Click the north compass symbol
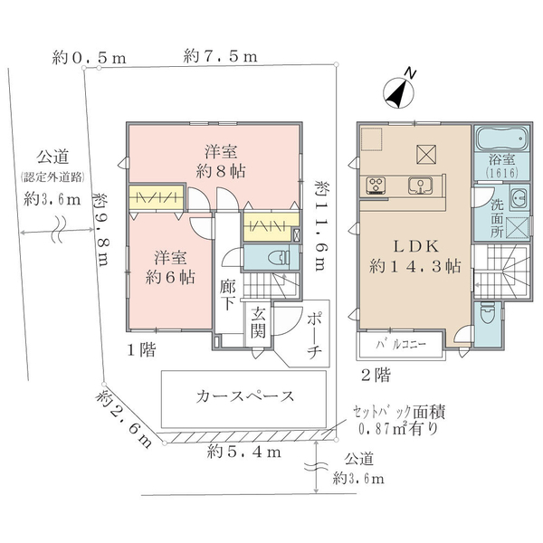pyautogui.click(x=399, y=91)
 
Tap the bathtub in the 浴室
pyautogui.click(x=502, y=138)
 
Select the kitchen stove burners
pyautogui.click(x=376, y=185)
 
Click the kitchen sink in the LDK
pyautogui.click(x=420, y=186)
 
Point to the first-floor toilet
pyautogui.click(x=279, y=257)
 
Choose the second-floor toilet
pyautogui.click(x=488, y=312)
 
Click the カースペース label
pyautogui.click(x=245, y=396)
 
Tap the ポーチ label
pyautogui.click(x=314, y=336)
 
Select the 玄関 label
pyautogui.click(x=258, y=323)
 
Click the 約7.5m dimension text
pyautogui.click(x=221, y=56)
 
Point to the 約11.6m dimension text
pyautogui.click(x=322, y=225)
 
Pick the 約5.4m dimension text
pyautogui.click(x=244, y=452)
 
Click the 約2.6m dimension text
pyautogui.click(x=124, y=419)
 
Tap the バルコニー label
pyautogui.click(x=401, y=345)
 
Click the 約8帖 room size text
pyautogui.click(x=221, y=171)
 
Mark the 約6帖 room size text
pyautogui.click(x=170, y=277)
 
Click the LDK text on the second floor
pyautogui.click(x=416, y=246)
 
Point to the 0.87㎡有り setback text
pyautogui.click(x=398, y=429)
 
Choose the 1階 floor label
pyautogui.click(x=141, y=349)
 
